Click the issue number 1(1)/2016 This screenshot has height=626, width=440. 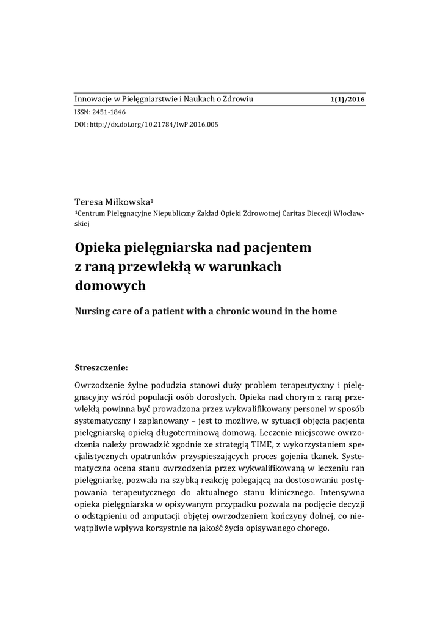click(347, 100)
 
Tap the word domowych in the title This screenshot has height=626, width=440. click(110, 285)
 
